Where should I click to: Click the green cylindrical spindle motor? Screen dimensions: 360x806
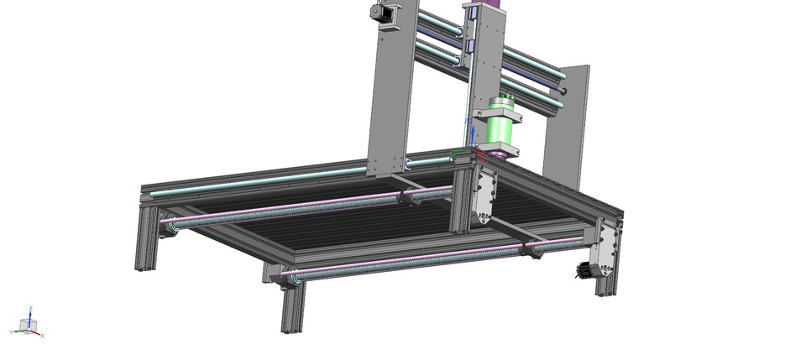click(x=499, y=132)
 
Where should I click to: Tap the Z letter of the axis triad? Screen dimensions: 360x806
click(x=30, y=308)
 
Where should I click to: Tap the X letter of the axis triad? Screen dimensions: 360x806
click(x=40, y=335)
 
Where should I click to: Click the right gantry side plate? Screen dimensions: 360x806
click(x=568, y=126)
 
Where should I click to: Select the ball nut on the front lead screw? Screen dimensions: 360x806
click(x=531, y=247)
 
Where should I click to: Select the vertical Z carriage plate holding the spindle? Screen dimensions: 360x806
click(x=484, y=59)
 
